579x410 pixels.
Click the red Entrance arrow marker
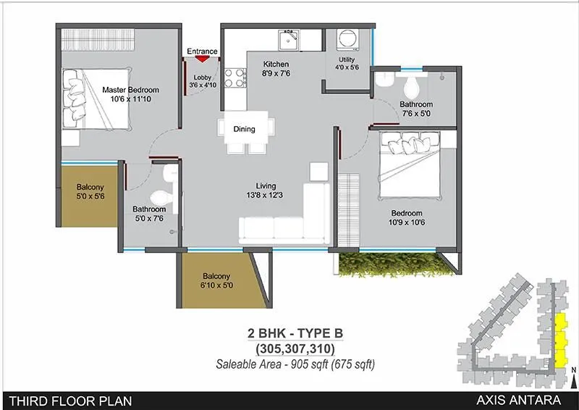click(x=202, y=60)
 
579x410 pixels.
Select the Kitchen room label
click(x=276, y=64)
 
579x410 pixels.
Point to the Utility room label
click(x=347, y=59)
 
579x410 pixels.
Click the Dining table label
click(x=244, y=130)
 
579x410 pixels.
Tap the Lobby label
click(x=202, y=80)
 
